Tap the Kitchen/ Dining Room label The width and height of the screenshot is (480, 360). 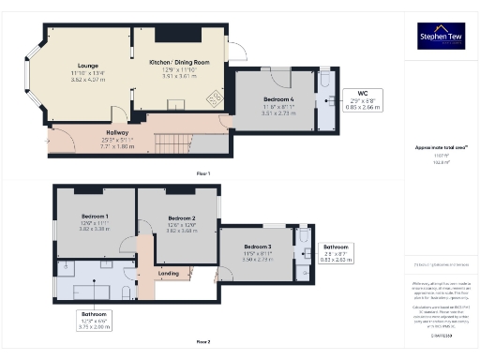(178, 62)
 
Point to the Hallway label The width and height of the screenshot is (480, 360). (117, 132)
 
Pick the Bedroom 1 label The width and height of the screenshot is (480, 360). (94, 217)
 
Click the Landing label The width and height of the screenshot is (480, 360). (169, 273)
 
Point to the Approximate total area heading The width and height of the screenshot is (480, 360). (440, 147)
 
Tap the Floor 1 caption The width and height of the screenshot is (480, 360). (202, 174)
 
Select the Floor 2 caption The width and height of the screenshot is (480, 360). (202, 342)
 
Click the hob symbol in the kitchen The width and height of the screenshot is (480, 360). (212, 97)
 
